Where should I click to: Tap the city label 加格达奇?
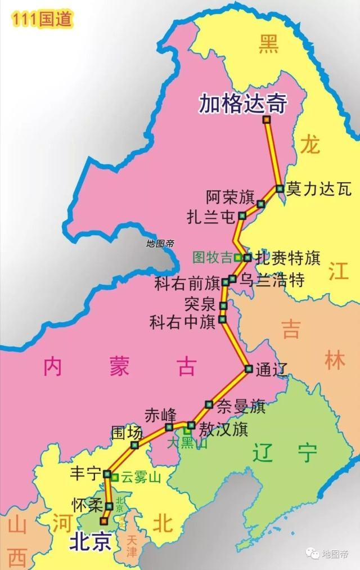243,104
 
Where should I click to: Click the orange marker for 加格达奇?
266,120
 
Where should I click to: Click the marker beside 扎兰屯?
242,216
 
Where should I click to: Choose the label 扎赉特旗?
287,258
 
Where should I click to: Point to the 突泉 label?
200,305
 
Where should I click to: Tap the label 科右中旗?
183,322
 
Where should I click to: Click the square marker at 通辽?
248,369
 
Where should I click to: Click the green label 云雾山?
141,478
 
